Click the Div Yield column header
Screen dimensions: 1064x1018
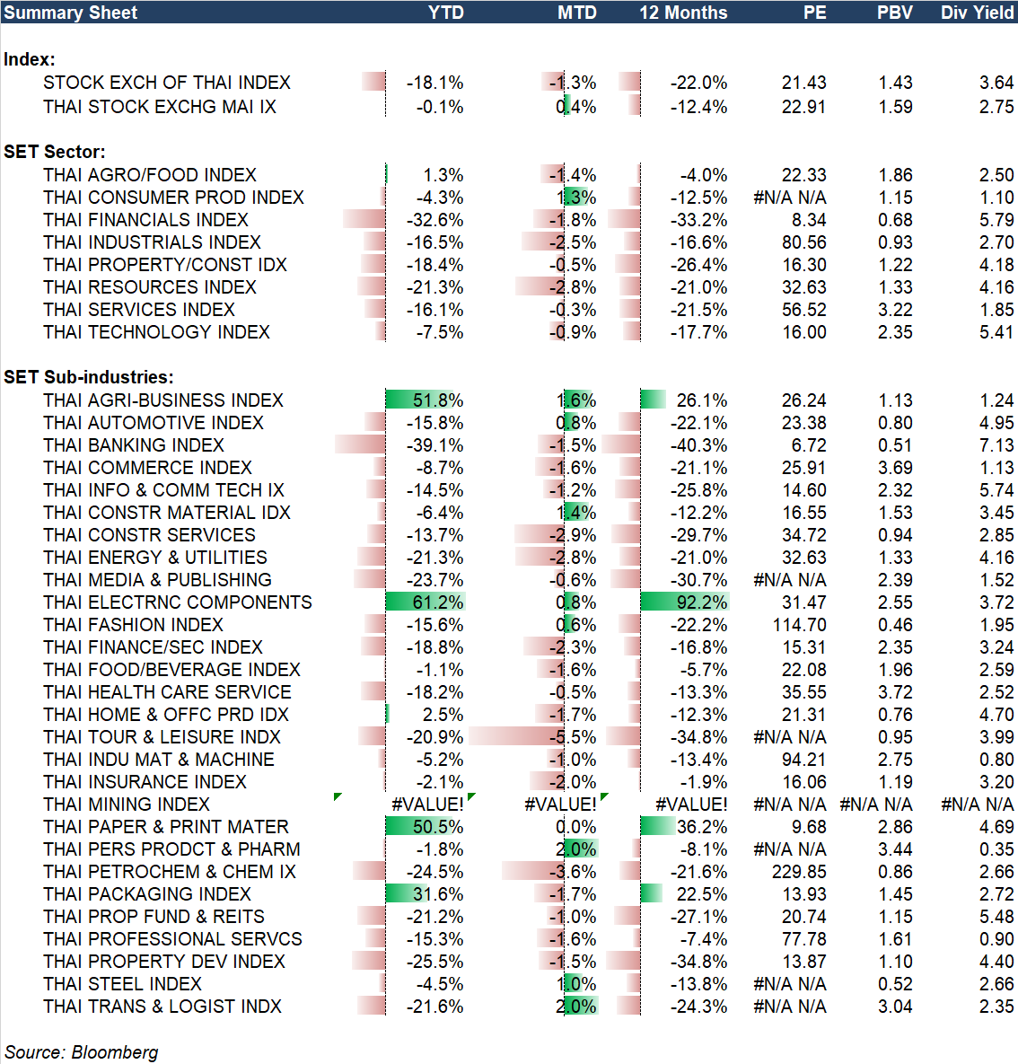click(977, 13)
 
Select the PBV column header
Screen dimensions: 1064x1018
click(894, 13)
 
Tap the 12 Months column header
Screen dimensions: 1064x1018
click(683, 13)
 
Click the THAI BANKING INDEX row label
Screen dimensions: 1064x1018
click(134, 445)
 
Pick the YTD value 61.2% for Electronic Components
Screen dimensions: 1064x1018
click(438, 602)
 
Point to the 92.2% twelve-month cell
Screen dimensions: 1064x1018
click(701, 602)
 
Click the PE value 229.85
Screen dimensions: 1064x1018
click(799, 872)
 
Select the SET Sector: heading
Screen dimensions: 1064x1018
click(55, 152)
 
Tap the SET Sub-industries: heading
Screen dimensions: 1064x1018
click(89, 377)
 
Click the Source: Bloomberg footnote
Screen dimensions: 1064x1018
click(82, 1052)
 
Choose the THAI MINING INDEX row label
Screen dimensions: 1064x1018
click(127, 805)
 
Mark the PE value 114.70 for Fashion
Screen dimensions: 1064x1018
click(799, 625)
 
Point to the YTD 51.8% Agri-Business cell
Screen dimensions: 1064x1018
click(438, 400)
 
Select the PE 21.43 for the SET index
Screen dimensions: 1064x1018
click(803, 83)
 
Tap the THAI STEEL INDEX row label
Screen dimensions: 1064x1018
click(122, 984)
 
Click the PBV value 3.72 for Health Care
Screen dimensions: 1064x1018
click(895, 692)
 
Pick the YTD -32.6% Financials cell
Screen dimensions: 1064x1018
click(434, 220)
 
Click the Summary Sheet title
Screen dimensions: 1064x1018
click(71, 13)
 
